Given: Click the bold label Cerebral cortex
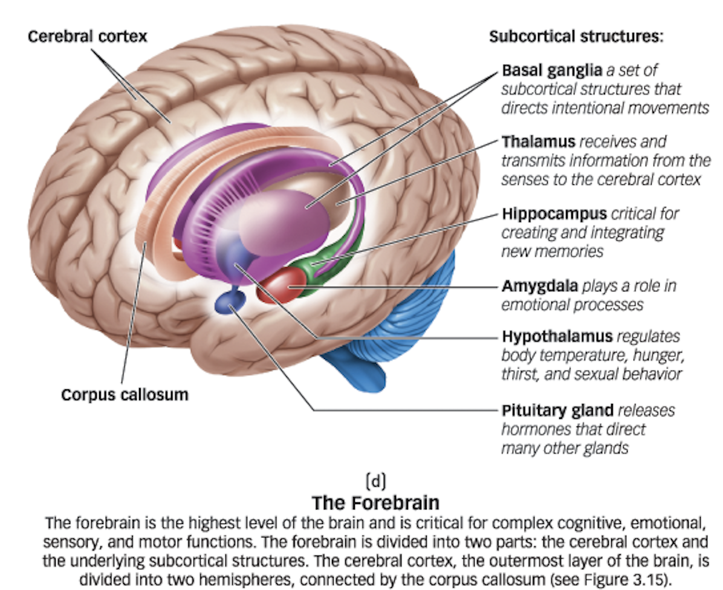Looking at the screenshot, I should pos(87,37).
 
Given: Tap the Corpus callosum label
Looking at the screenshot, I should pos(125,395).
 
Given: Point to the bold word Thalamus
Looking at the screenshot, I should pos(538,142).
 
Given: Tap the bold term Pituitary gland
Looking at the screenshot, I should pos(557,410).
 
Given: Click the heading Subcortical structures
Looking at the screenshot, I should pos(576,36).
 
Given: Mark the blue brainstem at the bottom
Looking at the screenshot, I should pos(357,369).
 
